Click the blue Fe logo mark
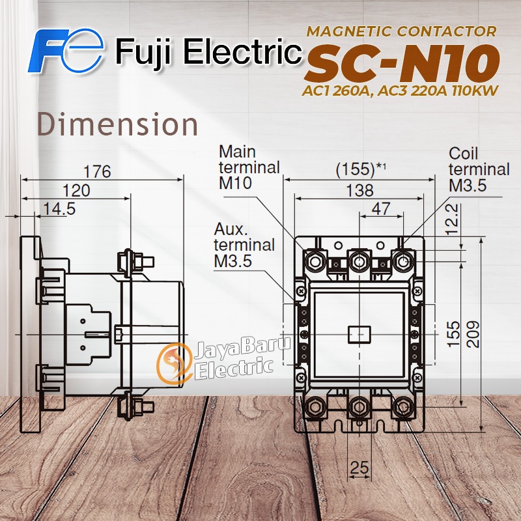point(66,51)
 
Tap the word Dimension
point(117,124)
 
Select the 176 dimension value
point(97,171)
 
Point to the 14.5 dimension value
point(59,208)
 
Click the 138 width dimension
point(359,191)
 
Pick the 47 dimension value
point(381,209)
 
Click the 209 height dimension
point(473,334)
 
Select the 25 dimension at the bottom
point(359,468)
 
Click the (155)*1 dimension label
point(361,169)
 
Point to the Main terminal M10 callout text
point(249,167)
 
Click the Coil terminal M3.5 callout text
point(479,169)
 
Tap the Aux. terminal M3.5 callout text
point(244,246)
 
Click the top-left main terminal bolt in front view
point(315,262)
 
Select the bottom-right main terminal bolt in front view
point(403,407)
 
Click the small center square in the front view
point(359,334)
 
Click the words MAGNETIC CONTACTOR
point(401,31)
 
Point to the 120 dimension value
point(76,191)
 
